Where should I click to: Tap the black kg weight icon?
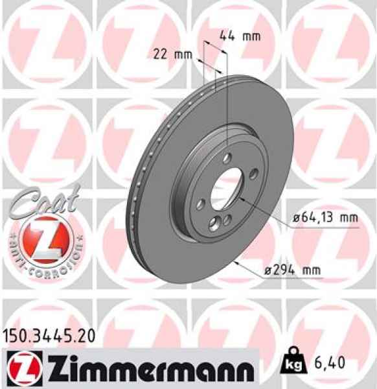pos(293,365)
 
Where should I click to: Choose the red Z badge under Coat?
pos(43,241)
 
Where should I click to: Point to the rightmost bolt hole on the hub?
pos(253,172)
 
